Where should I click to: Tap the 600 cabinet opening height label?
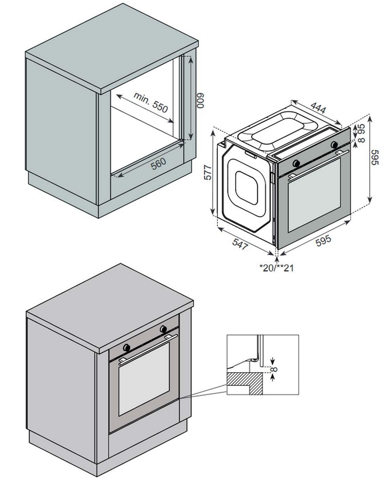click(200, 102)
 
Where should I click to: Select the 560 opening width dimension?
click(158, 164)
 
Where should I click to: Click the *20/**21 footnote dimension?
click(276, 267)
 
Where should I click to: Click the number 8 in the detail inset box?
click(275, 370)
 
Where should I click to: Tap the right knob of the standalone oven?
click(334, 145)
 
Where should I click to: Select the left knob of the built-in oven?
click(127, 347)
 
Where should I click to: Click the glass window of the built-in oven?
click(144, 378)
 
